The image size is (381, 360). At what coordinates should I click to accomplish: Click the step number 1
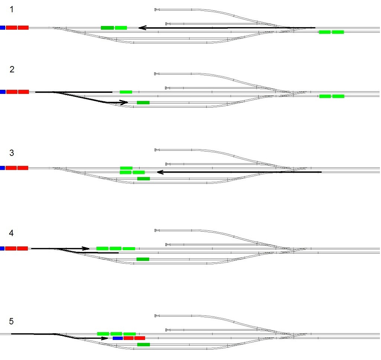(x=12, y=9)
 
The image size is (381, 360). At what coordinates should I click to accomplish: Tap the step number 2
(x=12, y=69)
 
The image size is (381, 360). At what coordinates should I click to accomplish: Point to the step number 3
(x=12, y=153)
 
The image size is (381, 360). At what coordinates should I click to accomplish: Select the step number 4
(x=12, y=233)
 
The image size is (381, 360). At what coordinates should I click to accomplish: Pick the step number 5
(x=12, y=321)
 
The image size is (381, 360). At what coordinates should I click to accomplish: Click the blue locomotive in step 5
(x=118, y=338)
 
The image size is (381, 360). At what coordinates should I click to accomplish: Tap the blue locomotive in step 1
(x=2, y=28)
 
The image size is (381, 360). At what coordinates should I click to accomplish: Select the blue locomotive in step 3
(x=2, y=168)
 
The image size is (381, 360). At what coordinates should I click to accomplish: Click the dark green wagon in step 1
(x=107, y=28)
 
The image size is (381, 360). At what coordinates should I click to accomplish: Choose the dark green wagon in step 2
(x=143, y=102)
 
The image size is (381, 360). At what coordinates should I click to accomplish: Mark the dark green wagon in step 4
(x=143, y=259)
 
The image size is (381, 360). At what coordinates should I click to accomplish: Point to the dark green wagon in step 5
(x=144, y=344)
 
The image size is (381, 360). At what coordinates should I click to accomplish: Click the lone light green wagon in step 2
(x=126, y=92)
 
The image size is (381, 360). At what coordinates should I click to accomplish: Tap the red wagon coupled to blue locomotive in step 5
(x=128, y=338)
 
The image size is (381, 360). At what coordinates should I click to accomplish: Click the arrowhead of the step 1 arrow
(x=141, y=28)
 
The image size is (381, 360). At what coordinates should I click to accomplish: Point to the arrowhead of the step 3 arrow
(x=160, y=172)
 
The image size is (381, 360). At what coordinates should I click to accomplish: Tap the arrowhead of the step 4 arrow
(x=86, y=248)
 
